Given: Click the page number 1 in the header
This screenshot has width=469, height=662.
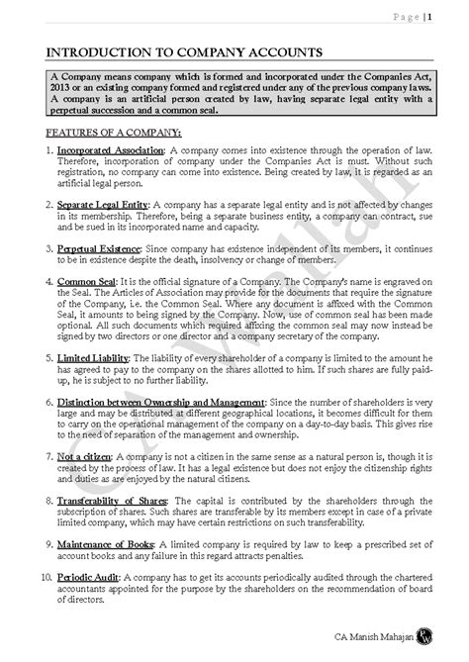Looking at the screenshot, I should click(429, 15).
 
